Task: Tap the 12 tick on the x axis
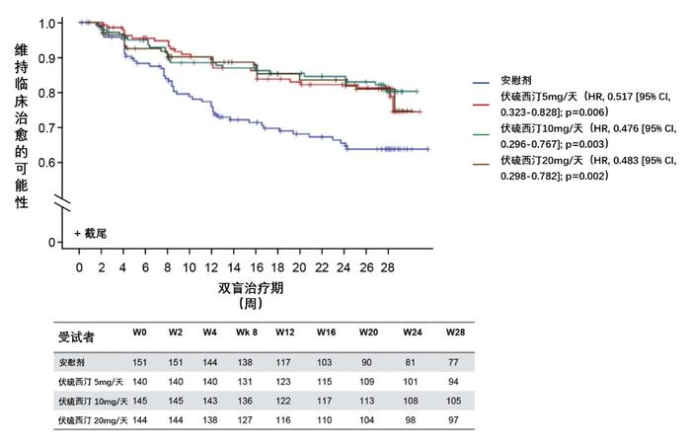211,267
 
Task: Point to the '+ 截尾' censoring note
92,233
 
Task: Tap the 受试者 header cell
77,336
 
